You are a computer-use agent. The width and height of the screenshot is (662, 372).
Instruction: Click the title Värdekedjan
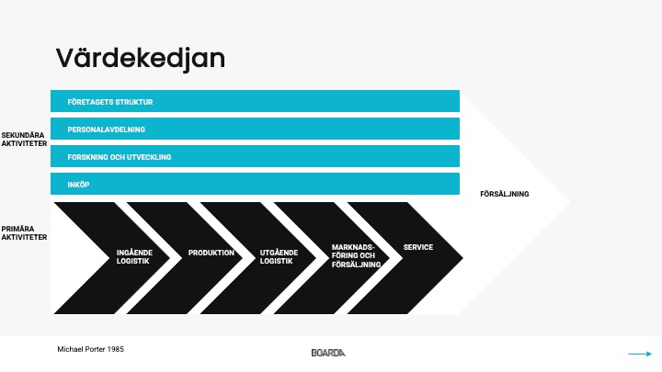point(140,59)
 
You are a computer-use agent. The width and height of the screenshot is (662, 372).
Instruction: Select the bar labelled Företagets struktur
point(255,101)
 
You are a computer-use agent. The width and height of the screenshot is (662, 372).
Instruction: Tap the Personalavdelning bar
point(255,129)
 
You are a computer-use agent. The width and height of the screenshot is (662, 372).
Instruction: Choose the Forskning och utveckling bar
point(255,156)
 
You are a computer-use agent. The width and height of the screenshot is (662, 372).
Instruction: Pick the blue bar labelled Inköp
point(255,184)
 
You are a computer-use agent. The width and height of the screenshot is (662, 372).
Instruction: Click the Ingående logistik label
point(134,257)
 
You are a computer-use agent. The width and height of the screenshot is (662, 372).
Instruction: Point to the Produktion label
point(211,253)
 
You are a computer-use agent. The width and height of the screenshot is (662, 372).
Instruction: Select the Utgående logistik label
point(279,257)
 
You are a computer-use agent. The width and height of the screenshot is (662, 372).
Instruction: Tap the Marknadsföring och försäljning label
point(356,255)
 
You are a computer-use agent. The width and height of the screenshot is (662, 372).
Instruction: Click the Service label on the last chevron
point(418,247)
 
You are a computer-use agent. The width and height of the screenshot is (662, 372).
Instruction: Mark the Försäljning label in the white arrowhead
point(505,194)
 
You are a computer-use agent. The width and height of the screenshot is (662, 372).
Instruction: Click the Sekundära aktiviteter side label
point(24,140)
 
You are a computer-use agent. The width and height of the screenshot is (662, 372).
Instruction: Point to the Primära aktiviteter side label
point(24,232)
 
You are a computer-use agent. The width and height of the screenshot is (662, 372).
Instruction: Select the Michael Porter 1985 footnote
point(90,349)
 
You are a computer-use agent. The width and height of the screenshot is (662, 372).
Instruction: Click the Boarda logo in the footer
point(328,353)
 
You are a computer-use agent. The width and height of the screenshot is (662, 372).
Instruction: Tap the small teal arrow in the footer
point(640,354)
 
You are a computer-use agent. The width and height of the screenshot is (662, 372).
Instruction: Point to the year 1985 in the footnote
point(115,349)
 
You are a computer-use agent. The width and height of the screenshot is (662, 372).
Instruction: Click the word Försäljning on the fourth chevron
point(356,265)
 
